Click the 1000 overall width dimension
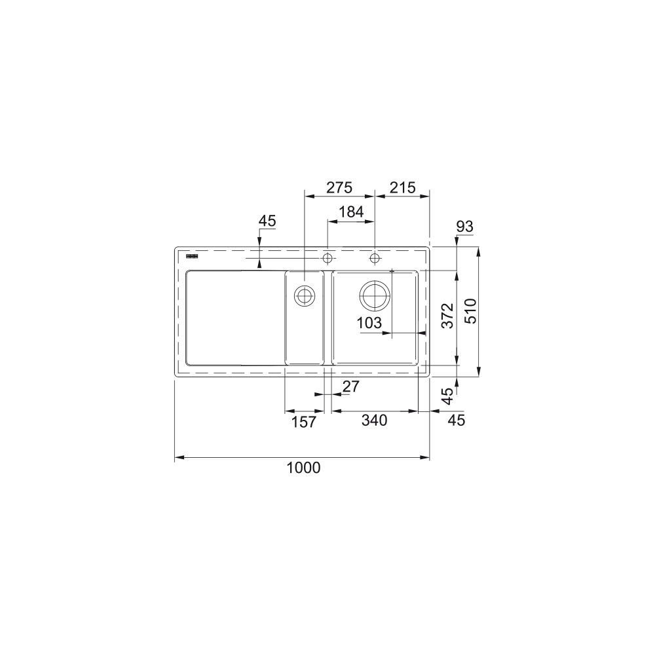tap(303, 468)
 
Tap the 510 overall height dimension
tap(471, 311)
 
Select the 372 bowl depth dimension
tap(447, 316)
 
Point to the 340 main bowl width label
tap(374, 421)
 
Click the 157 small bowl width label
tap(304, 422)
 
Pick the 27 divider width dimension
tap(350, 387)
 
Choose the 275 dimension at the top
tap(339, 188)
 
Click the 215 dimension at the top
tap(402, 188)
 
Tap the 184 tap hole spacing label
tap(351, 212)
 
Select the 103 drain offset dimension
tap(369, 322)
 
